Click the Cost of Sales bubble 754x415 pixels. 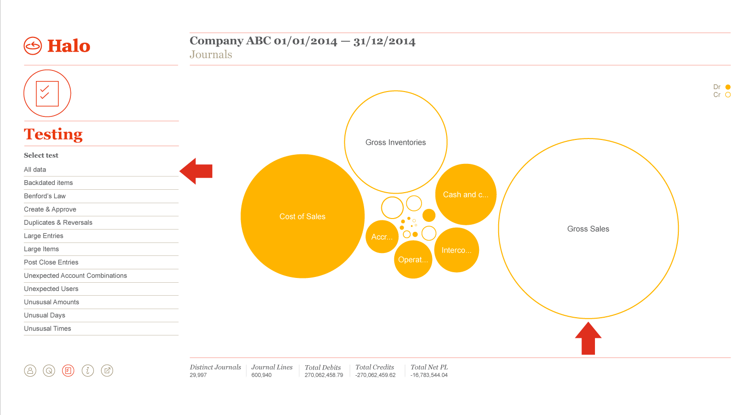[x=303, y=216]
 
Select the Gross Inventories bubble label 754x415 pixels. [x=396, y=142]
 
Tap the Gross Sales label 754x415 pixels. [x=588, y=229]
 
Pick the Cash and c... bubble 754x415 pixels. [x=466, y=195]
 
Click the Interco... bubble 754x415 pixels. [x=457, y=250]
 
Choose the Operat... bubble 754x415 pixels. [x=413, y=259]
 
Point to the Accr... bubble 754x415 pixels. [x=382, y=237]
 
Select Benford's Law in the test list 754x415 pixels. [x=45, y=196]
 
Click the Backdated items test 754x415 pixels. [x=48, y=183]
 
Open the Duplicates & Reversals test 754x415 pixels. [x=58, y=222]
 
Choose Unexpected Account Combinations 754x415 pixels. [x=75, y=276]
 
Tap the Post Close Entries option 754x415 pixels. [x=51, y=262]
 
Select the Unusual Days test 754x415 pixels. [x=45, y=315]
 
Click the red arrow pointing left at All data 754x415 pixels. [x=196, y=171]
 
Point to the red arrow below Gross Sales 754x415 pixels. [x=588, y=338]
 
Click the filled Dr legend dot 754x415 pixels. [x=728, y=87]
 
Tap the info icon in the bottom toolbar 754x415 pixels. [x=88, y=370]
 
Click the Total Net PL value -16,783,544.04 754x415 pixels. [x=429, y=375]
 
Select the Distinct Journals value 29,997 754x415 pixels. [x=198, y=375]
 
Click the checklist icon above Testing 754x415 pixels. [x=47, y=93]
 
